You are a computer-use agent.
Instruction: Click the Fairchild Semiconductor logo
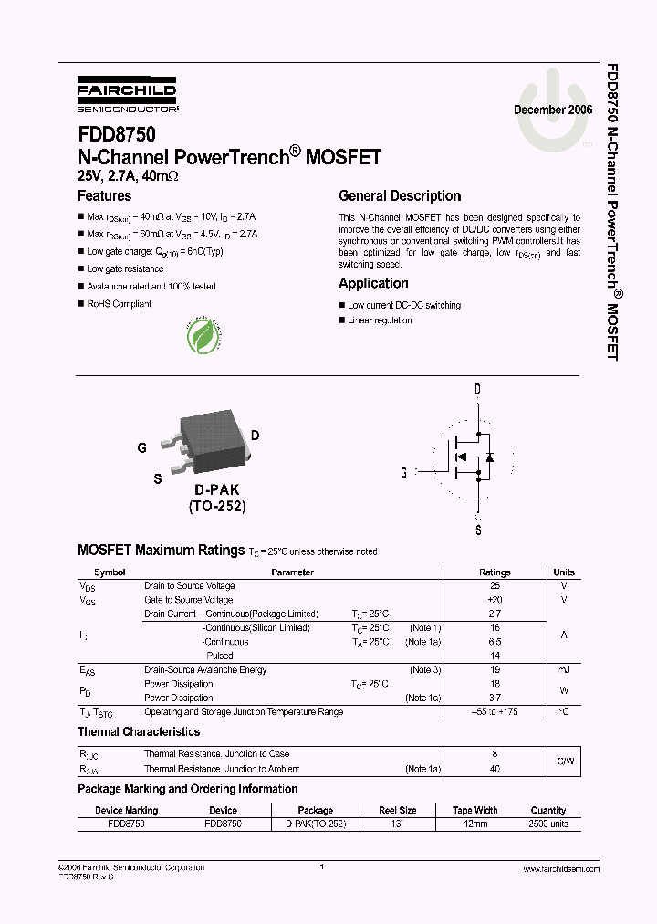point(126,92)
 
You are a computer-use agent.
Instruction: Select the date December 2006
point(553,110)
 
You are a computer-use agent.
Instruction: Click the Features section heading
point(104,195)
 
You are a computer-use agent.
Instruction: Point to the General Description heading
point(400,195)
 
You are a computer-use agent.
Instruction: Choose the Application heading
point(373,283)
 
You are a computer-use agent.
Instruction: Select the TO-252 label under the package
point(217,506)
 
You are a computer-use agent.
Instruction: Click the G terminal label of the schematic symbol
point(403,472)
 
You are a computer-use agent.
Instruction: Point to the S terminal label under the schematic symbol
point(477,530)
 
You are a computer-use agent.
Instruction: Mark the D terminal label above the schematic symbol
point(477,390)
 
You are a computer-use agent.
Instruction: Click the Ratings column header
point(495,572)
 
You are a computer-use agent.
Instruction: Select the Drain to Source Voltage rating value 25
point(495,586)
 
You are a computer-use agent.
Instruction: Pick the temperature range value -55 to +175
point(495,711)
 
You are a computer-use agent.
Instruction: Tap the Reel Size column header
point(398,810)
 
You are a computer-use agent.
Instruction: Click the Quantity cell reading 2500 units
point(548,824)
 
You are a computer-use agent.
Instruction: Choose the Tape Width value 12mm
point(474,824)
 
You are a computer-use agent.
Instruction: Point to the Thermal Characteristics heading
point(139,731)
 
